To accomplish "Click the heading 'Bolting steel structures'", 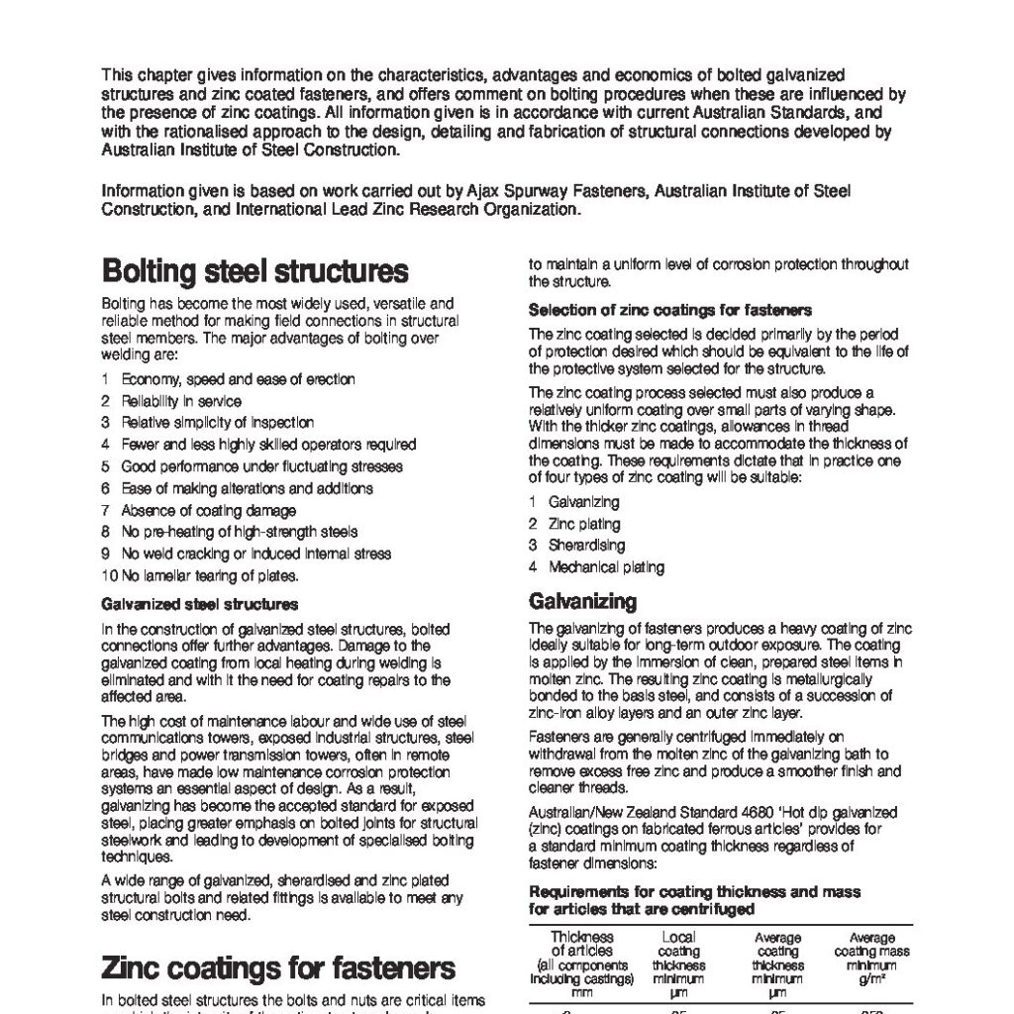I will (x=254, y=270).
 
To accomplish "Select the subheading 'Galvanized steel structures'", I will (x=200, y=603).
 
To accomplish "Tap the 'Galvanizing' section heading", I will (x=582, y=601).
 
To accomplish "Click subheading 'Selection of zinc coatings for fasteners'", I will (x=670, y=310).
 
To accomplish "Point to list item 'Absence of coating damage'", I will (x=208, y=510).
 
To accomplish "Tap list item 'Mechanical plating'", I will (x=606, y=567).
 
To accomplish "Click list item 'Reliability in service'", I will (x=180, y=401).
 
